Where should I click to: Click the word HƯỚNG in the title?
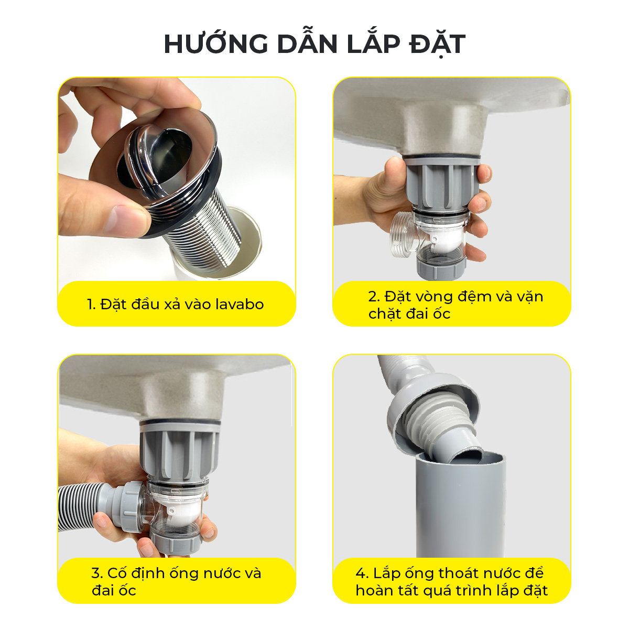pos(216,44)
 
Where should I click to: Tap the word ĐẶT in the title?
pos(437,45)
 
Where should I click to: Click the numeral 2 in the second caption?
pos(373,297)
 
